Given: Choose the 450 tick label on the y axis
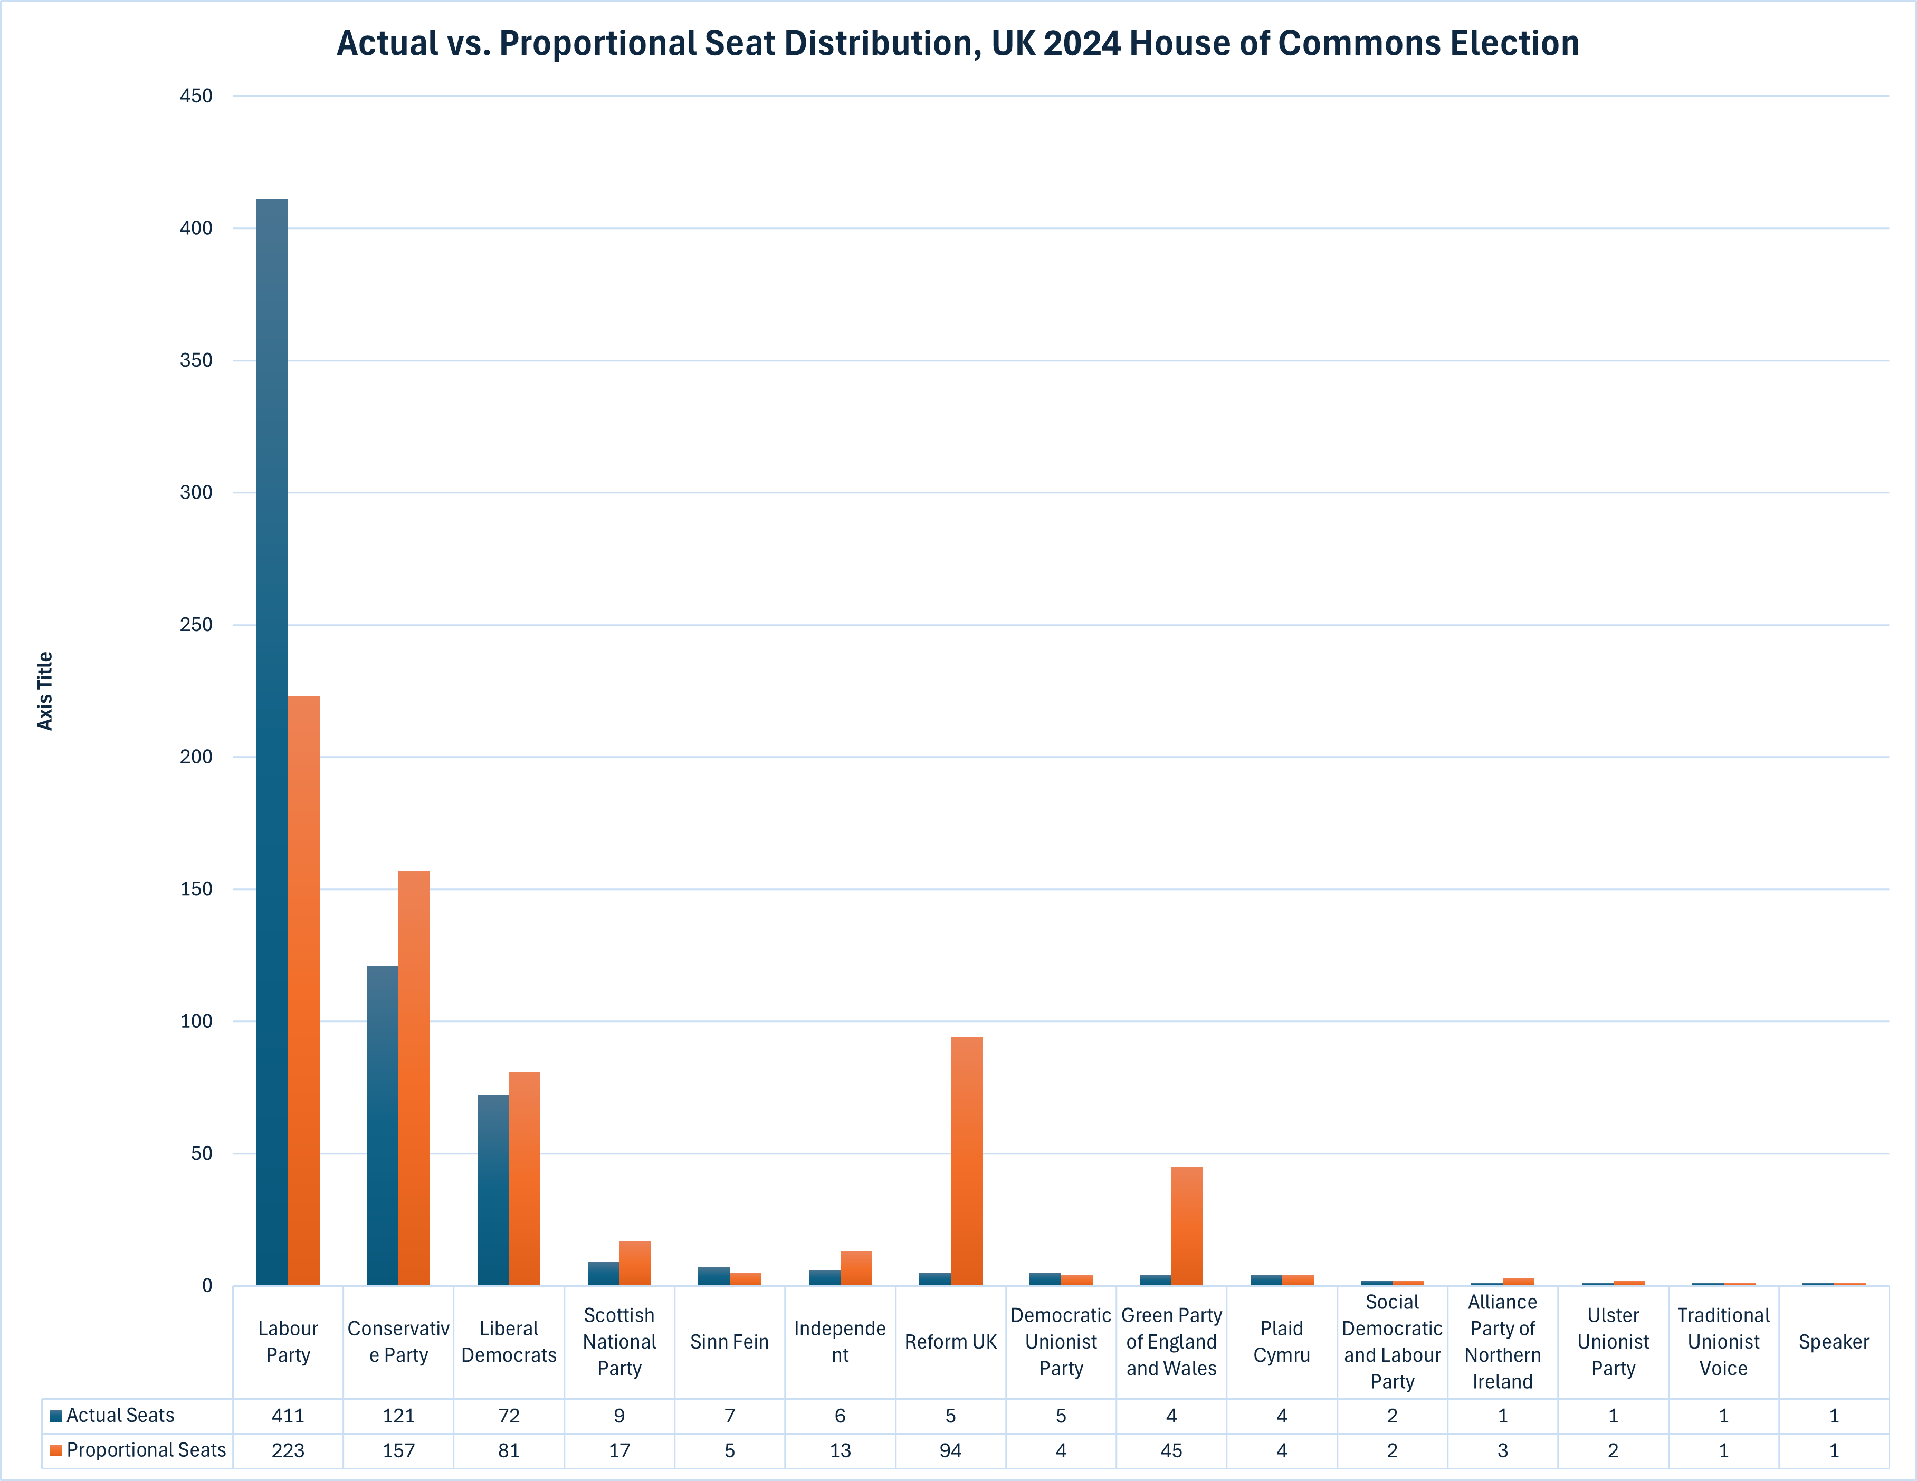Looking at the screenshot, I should click(196, 95).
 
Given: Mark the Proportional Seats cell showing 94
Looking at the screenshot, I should click(951, 1451).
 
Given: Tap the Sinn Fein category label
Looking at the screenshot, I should click(729, 1341).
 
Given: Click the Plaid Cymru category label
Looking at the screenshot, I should click(1282, 1341).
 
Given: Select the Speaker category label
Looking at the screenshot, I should click(1834, 1341).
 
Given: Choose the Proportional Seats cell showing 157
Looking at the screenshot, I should click(398, 1451).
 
